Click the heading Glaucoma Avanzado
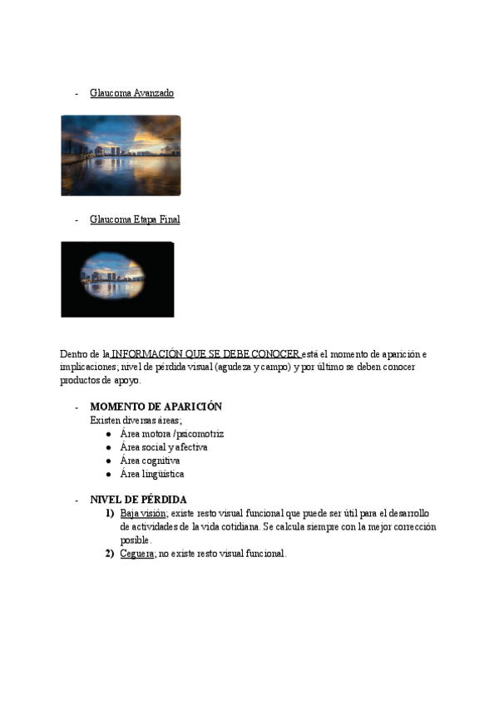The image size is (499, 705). [131, 93]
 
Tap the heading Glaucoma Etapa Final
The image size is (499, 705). [135, 219]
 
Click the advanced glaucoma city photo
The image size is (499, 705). [121, 155]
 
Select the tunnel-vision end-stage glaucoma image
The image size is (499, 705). [117, 279]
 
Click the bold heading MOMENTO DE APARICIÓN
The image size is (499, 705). [156, 407]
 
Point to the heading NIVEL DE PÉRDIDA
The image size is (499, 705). [138, 500]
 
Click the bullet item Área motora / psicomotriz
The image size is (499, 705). [171, 434]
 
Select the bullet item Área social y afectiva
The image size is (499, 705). [164, 447]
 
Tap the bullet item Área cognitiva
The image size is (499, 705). [150, 461]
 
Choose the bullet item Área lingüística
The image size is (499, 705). [152, 474]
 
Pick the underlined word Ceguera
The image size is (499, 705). [137, 554]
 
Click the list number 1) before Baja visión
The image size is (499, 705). [110, 514]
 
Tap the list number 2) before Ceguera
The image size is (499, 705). [110, 554]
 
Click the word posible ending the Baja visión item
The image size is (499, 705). [136, 540]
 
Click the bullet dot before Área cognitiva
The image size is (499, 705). [110, 461]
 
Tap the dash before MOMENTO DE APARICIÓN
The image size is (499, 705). [77, 407]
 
